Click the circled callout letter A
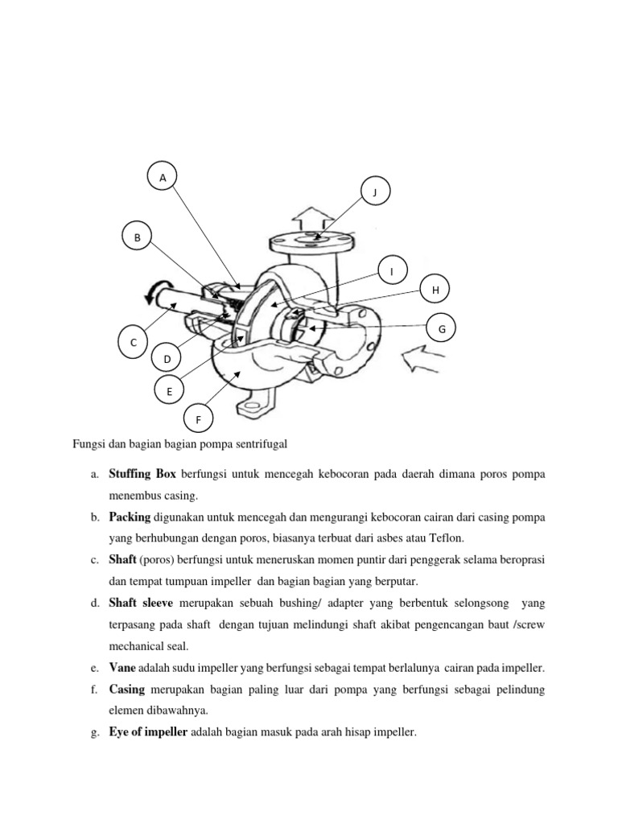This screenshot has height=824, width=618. (x=163, y=178)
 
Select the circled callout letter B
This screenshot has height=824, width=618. (x=137, y=237)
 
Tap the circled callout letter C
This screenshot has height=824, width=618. (x=134, y=342)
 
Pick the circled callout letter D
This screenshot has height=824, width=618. (x=167, y=358)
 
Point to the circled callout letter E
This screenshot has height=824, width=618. (x=169, y=391)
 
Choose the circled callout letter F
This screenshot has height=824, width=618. (x=198, y=419)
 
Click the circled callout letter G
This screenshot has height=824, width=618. (x=441, y=328)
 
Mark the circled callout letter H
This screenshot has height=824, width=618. (x=435, y=290)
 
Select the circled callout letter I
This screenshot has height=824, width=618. (x=392, y=272)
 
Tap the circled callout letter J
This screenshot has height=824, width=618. (x=374, y=192)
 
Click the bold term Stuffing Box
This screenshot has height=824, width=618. (x=143, y=475)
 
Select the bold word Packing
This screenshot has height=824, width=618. (x=130, y=517)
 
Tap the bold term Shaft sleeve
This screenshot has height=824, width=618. (x=142, y=603)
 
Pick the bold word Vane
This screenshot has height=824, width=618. (x=122, y=668)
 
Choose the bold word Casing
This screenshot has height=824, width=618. (x=127, y=690)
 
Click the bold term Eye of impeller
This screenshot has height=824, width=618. (x=148, y=732)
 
